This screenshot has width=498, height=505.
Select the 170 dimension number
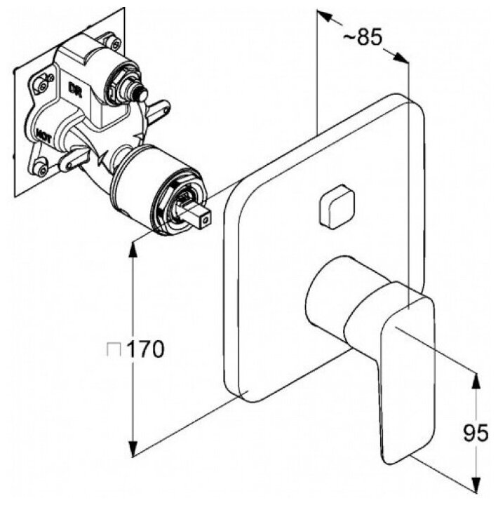146,349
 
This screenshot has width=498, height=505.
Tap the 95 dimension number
475,435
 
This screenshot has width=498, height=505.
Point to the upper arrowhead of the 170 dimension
133,245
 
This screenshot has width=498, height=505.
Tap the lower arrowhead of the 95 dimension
476,488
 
